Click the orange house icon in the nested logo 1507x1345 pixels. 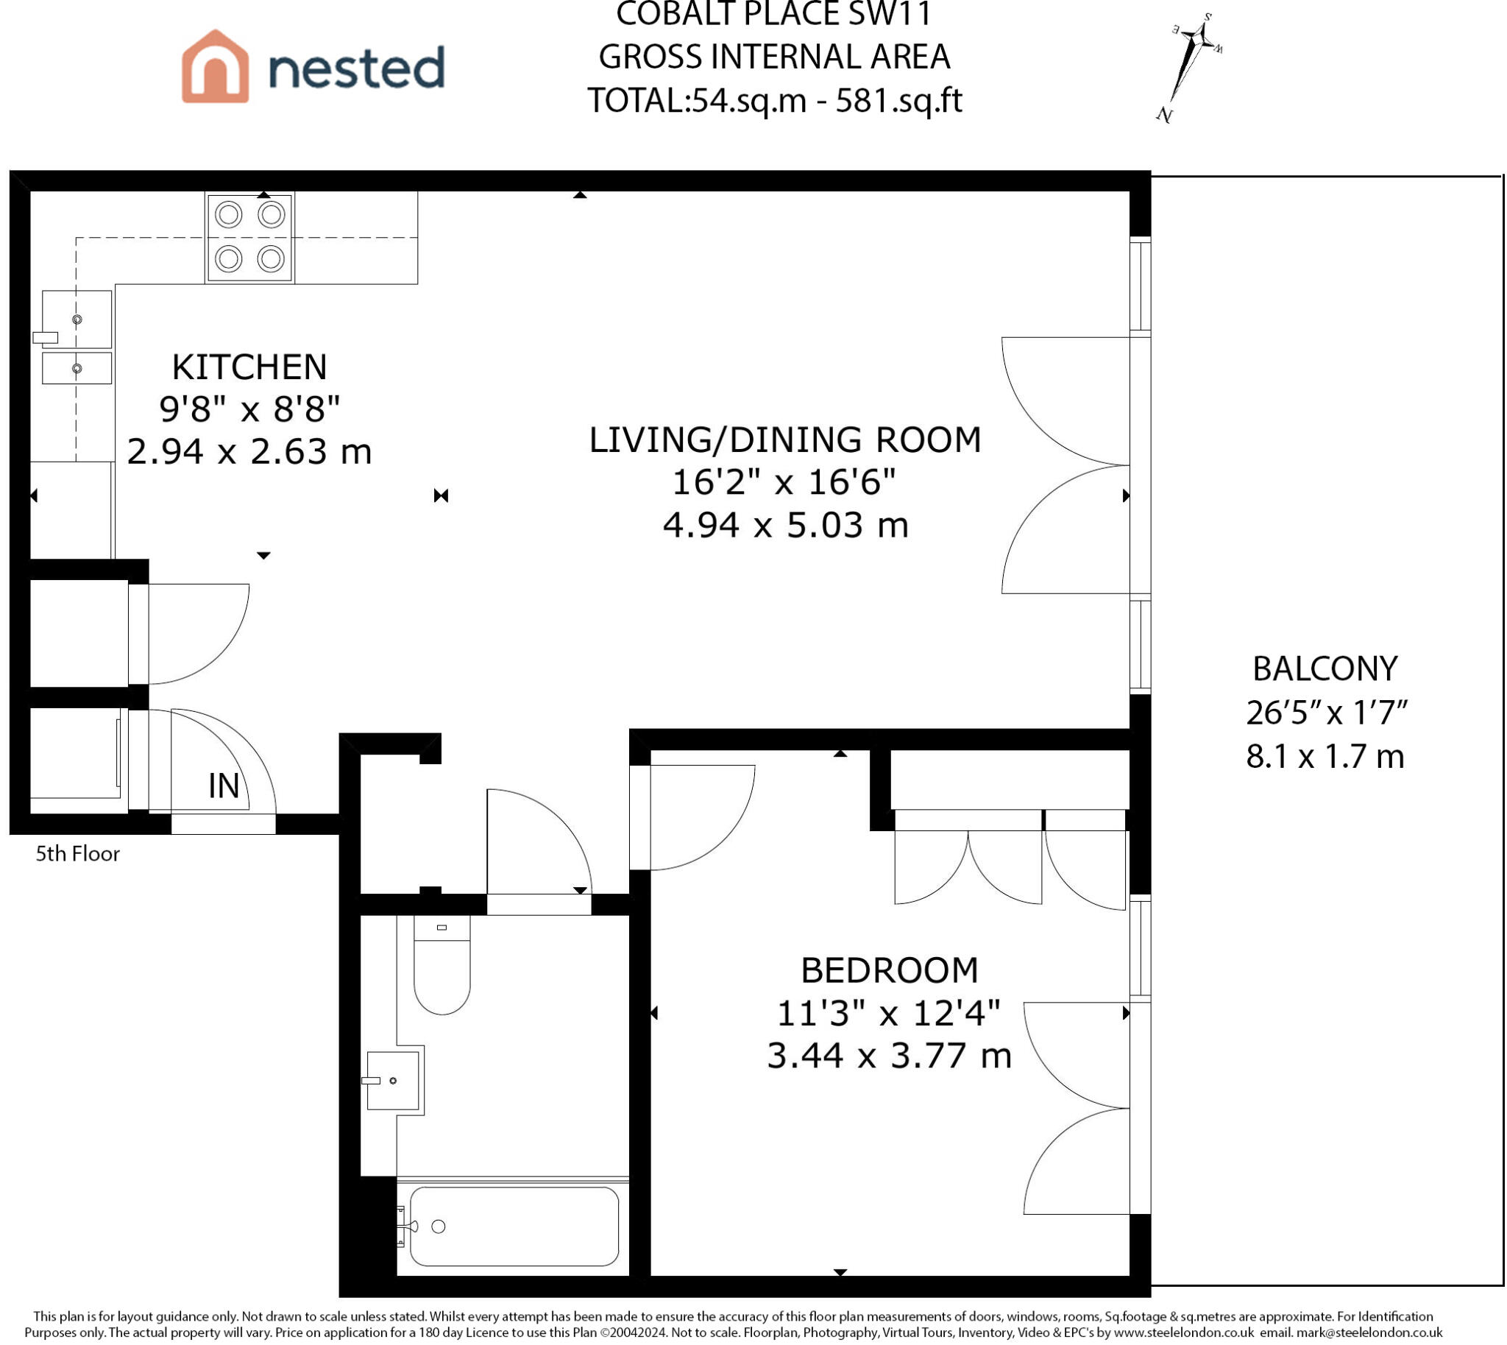(215, 66)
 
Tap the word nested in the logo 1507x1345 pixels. (357, 67)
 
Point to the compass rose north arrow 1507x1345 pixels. (1188, 66)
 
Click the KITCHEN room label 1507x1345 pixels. (249, 367)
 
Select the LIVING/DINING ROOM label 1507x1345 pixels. (784, 439)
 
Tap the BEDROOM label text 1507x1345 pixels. (890, 970)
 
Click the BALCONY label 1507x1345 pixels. (1325, 668)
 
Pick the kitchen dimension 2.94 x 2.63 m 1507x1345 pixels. (249, 451)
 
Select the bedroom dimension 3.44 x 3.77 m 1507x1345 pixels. (890, 1055)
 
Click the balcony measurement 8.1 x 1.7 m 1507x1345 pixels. (1325, 756)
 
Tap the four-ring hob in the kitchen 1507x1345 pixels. (249, 237)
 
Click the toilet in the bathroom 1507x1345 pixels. (442, 964)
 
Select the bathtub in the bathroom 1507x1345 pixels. (514, 1226)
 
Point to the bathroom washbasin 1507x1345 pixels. (394, 1081)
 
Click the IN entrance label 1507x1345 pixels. (224, 786)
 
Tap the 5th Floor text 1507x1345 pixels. (77, 854)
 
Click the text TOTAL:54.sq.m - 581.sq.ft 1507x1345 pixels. (774, 101)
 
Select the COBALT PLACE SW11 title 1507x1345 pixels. (774, 13)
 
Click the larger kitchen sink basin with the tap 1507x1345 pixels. (77, 320)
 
